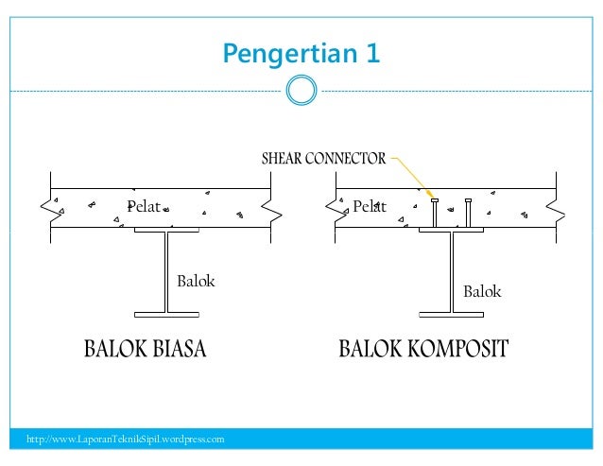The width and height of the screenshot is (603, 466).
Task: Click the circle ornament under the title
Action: click(x=301, y=91)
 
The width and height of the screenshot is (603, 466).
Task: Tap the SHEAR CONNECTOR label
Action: click(x=323, y=159)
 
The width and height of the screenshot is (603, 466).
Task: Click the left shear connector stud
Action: click(x=434, y=214)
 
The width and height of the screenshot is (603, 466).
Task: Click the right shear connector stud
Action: click(x=469, y=214)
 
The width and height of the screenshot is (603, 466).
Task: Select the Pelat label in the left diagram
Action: click(x=144, y=207)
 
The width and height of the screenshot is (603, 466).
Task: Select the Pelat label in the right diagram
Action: click(x=370, y=207)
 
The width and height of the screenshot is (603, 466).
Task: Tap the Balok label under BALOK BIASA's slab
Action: click(x=197, y=281)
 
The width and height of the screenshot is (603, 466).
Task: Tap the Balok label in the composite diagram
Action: click(x=482, y=292)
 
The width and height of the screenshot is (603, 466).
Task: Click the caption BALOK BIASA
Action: click(x=145, y=350)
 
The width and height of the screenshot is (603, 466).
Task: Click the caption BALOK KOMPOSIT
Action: click(x=423, y=350)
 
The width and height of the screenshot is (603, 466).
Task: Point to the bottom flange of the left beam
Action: click(x=166, y=311)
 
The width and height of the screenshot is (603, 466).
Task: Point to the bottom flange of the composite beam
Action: click(x=452, y=311)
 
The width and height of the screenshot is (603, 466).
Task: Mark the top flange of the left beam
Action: click(x=166, y=230)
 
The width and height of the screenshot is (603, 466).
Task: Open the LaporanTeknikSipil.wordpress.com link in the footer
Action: click(x=125, y=440)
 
